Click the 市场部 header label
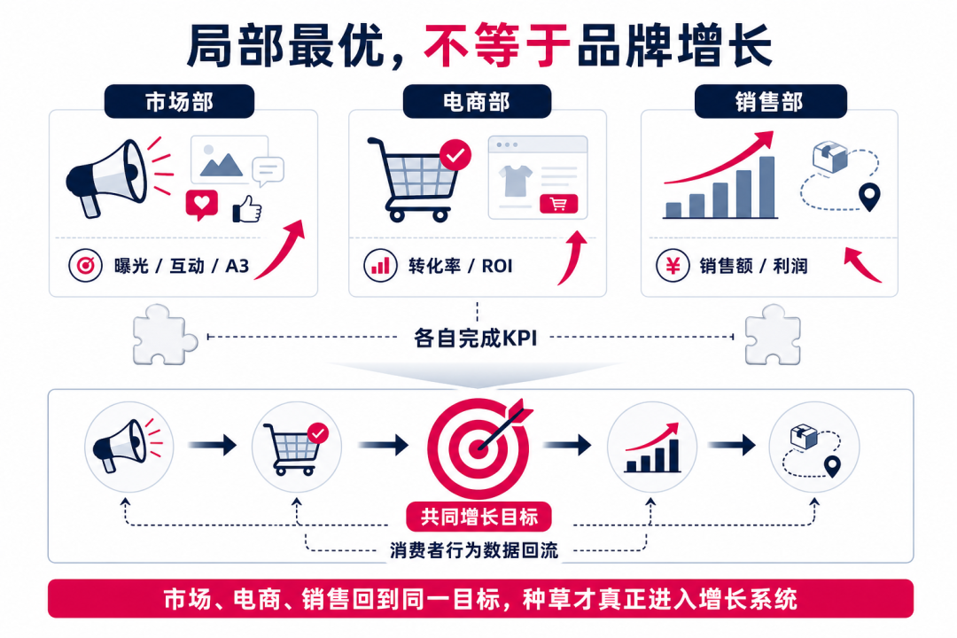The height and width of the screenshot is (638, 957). tap(179, 101)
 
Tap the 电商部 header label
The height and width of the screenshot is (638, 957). tap(477, 101)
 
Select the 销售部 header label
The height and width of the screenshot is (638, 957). tap(770, 101)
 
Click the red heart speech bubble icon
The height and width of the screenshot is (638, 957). tap(202, 205)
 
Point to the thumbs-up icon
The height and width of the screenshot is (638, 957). tap(247, 209)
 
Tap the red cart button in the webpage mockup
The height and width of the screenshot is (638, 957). tap(558, 204)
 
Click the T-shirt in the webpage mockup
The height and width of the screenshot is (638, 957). tap(516, 180)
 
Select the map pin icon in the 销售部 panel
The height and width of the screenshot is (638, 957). tap(869, 197)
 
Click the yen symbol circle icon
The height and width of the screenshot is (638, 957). tap(673, 266)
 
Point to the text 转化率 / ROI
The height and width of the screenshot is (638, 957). tap(460, 266)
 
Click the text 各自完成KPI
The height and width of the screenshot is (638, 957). tap(476, 338)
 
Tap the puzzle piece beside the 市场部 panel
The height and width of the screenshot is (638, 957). tap(164, 335)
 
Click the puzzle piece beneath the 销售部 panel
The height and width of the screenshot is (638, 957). tap(774, 335)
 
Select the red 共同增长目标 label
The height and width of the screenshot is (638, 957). tap(479, 517)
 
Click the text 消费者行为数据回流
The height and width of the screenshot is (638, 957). tap(474, 550)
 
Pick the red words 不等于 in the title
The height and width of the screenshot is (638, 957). tap(497, 45)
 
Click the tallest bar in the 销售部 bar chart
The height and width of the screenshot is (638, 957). tap(766, 187)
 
